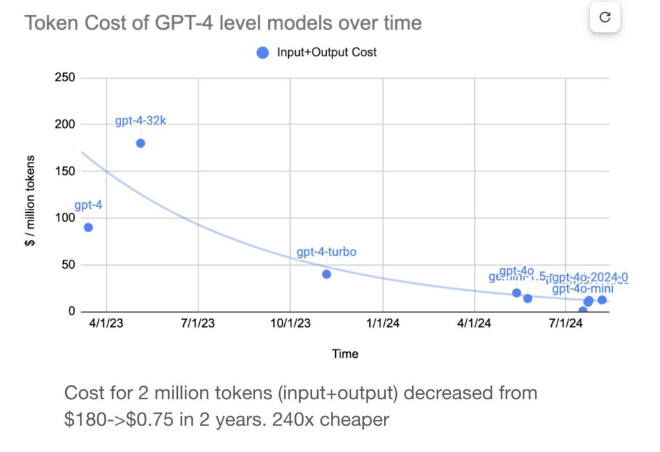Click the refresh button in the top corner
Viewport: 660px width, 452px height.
click(605, 17)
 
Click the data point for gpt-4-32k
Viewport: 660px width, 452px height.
click(141, 143)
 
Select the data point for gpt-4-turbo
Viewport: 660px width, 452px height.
click(326, 274)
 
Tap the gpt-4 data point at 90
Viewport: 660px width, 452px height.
click(88, 227)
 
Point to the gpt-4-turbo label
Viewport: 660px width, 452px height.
click(326, 252)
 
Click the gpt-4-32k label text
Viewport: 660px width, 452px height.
click(141, 121)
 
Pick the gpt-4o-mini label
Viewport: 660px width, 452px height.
click(582, 289)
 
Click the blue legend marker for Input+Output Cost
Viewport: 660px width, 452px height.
click(262, 53)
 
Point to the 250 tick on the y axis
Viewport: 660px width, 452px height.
click(66, 78)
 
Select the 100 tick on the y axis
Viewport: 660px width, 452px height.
click(66, 218)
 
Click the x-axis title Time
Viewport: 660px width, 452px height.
click(345, 353)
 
